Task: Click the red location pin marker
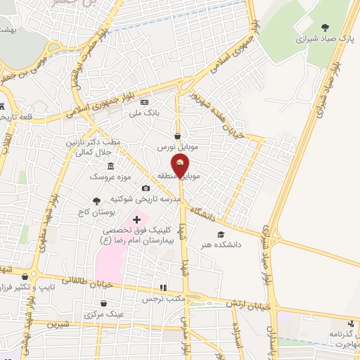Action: coord(181,167)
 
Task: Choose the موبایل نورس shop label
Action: coord(176,148)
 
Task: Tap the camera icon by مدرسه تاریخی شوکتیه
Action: coord(146,188)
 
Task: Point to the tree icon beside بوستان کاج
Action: coord(96,201)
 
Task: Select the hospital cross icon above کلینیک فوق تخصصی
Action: coord(136,220)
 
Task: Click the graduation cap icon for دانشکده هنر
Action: coord(221,234)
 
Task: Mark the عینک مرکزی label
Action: coord(104,314)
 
